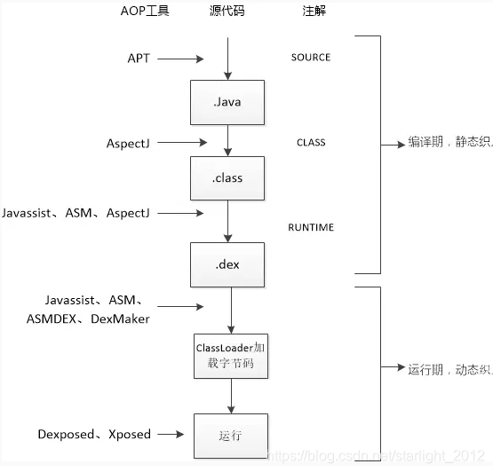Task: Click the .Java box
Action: (227, 102)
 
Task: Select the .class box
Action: (227, 177)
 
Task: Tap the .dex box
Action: (227, 264)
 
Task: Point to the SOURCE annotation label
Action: (310, 58)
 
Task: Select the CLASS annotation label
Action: (311, 142)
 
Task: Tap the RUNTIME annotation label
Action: (311, 228)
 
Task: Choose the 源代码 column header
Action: (227, 11)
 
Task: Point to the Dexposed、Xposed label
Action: (94, 435)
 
